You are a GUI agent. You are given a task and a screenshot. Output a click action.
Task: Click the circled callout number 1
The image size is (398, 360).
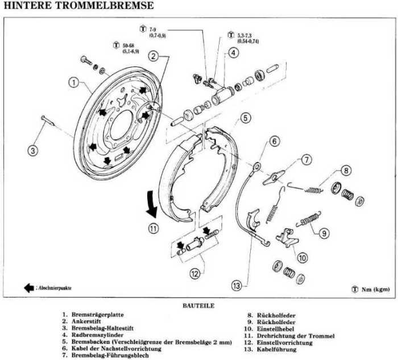73,82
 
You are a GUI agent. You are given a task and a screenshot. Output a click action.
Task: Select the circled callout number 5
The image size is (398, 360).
245,118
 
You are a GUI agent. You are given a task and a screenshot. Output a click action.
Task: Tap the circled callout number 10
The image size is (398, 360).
302,258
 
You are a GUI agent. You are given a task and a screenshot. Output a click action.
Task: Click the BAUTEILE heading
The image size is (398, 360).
198,305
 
